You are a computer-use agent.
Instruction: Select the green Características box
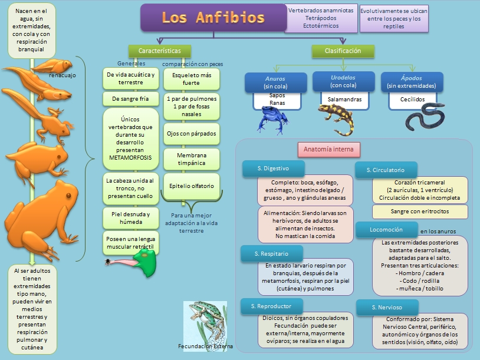[x=159, y=51]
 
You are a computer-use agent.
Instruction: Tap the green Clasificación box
[x=343, y=51]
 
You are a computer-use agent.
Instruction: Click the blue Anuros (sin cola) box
[x=276, y=82]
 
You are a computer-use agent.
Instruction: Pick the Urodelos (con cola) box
[x=343, y=81]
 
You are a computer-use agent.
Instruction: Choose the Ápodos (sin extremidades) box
[x=411, y=82]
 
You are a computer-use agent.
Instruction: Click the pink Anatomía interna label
[x=328, y=150]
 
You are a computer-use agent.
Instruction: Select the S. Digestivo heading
[x=273, y=169]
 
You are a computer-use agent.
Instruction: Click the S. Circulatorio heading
[x=386, y=170]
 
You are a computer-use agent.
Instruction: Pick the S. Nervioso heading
[x=387, y=307]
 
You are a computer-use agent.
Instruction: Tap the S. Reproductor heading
[x=271, y=306]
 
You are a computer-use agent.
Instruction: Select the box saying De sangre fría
[x=131, y=98]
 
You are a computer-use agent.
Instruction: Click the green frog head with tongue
[x=143, y=260]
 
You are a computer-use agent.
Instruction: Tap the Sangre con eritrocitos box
[x=419, y=212]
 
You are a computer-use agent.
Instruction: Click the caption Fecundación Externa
[x=205, y=346]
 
